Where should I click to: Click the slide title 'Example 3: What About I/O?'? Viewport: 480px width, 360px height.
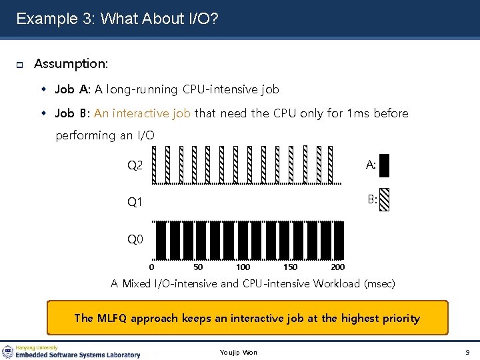click(117, 19)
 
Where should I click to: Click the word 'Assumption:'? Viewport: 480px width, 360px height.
click(71, 64)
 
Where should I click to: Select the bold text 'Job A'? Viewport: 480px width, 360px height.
click(72, 89)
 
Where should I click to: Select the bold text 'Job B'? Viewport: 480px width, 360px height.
click(72, 113)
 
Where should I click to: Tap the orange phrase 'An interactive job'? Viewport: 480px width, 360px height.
click(142, 113)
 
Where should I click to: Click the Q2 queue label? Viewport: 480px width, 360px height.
click(135, 165)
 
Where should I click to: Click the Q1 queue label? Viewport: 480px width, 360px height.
click(135, 202)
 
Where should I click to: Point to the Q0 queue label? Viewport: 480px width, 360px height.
click(135, 239)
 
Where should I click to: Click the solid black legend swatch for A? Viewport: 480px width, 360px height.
click(384, 165)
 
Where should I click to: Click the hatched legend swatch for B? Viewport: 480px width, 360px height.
click(384, 199)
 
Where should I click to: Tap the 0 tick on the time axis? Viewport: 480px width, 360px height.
click(151, 267)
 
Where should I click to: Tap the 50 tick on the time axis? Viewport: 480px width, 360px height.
click(198, 267)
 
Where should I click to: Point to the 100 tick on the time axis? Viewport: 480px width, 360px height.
click(243, 267)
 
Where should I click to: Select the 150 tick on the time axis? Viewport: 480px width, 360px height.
click(291, 267)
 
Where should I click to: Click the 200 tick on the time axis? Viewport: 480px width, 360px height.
click(337, 267)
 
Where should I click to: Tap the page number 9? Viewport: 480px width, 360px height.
click(467, 351)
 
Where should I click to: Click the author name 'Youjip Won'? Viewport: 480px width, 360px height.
click(238, 352)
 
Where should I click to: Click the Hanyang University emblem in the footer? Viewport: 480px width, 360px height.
click(8, 351)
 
